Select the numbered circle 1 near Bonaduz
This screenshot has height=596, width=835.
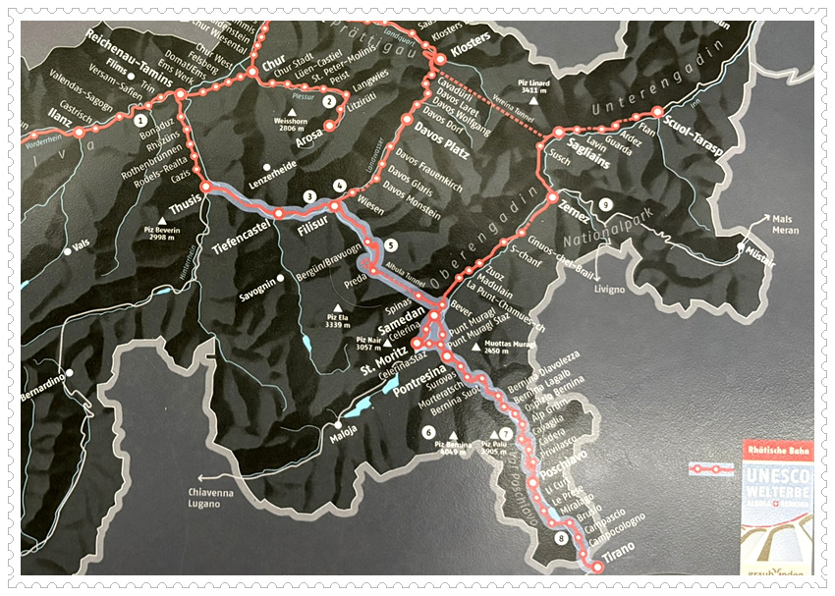point(141,120)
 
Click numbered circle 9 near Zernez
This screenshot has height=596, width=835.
point(605,204)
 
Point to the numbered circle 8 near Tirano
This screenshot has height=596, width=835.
point(561,539)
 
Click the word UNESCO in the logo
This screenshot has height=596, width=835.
point(774,474)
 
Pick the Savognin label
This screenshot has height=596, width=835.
point(258,292)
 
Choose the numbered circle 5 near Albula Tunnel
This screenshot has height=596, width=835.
point(390,245)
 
